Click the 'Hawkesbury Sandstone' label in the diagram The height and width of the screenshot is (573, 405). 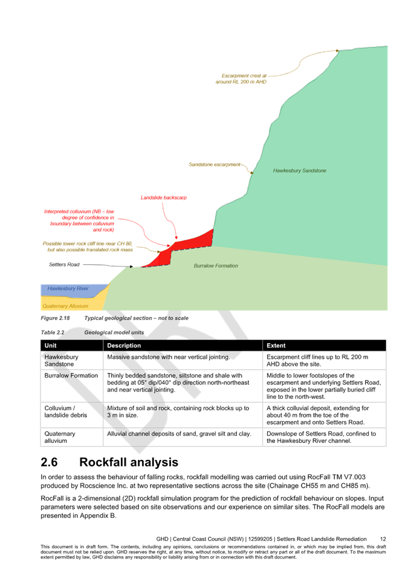(299, 171)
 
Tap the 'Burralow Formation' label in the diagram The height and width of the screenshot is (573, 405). (216, 266)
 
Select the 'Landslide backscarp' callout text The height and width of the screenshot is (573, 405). (164, 198)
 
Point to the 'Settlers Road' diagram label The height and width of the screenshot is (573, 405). (64, 264)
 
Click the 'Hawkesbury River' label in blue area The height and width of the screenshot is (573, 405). (68, 289)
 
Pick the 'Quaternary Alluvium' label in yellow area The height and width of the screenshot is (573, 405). (65, 306)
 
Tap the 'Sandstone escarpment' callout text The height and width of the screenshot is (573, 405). (215, 165)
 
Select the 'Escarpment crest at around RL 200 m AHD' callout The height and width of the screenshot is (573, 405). (241, 79)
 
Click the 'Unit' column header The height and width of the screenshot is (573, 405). (50, 345)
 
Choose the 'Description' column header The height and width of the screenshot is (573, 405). (124, 345)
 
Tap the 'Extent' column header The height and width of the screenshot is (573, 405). (276, 345)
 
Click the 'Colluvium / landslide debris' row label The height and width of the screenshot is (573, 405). (66, 412)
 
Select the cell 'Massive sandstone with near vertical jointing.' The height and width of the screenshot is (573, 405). (169, 357)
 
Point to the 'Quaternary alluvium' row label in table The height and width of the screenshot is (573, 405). (60, 437)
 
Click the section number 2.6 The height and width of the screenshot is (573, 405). (50, 462)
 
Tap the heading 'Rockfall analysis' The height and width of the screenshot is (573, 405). (129, 462)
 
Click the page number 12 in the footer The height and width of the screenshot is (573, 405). (383, 539)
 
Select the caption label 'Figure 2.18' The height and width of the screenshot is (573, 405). (55, 318)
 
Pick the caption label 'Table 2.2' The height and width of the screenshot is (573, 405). (53, 333)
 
